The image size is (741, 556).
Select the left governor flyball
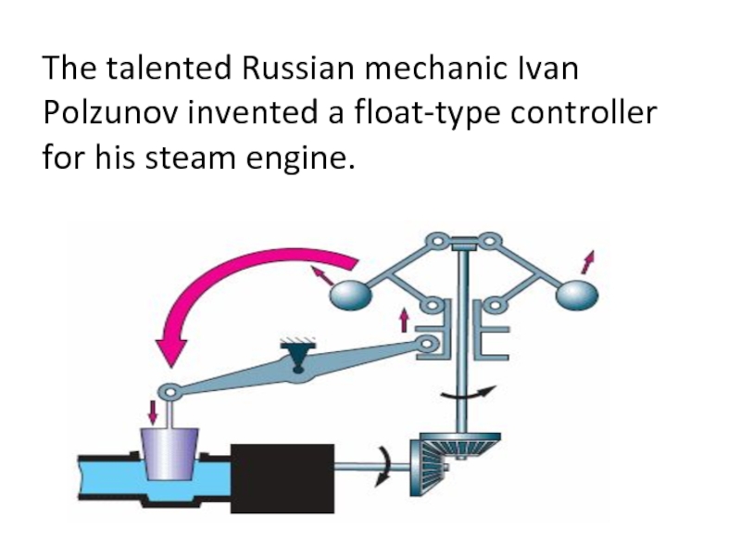click(352, 294)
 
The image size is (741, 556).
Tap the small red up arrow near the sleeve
click(403, 321)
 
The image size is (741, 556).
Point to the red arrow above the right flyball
click(587, 260)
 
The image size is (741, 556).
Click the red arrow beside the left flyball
click(322, 274)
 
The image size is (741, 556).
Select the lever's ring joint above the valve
click(170, 392)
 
